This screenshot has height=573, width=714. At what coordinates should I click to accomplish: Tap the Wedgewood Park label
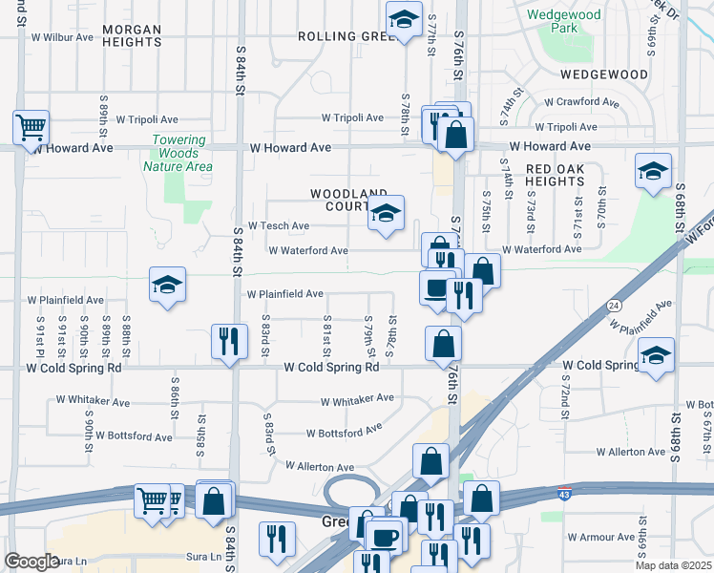[564, 21]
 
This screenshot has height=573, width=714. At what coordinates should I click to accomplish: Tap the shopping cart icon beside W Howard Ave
[31, 125]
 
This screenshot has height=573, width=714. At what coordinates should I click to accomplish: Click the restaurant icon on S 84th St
[228, 341]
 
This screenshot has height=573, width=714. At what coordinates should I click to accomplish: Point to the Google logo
[31, 562]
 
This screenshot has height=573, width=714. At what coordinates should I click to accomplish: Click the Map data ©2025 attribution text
[673, 565]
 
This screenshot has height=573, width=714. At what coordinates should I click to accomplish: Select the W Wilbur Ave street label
[62, 38]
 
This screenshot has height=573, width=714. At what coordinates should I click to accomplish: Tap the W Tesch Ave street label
[278, 226]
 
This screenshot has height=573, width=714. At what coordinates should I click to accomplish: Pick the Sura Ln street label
[70, 561]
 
